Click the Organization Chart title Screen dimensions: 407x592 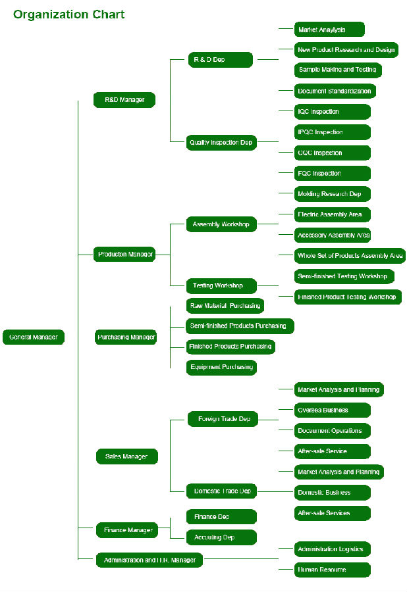point(68,14)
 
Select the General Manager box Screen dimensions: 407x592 point(34,337)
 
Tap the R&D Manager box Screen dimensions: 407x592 point(124,100)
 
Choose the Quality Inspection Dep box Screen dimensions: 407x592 point(221,143)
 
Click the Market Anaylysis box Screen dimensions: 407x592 point(329,30)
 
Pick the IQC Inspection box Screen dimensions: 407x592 point(333,112)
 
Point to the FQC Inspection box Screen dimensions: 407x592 point(333,174)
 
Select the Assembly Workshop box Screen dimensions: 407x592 point(221,224)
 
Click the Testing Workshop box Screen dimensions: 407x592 point(221,286)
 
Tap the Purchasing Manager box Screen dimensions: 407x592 point(126,337)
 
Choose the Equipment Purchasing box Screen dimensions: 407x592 point(221,367)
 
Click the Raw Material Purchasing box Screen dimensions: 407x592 point(225,306)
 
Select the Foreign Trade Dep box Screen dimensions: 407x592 point(223,419)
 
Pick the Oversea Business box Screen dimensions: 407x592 point(333,410)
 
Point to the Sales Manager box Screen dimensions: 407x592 point(126,456)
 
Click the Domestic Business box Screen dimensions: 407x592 point(333,493)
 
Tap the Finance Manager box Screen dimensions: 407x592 point(126,530)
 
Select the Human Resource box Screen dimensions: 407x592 point(333,570)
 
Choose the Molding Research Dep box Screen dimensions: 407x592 point(333,194)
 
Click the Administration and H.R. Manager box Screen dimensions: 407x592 point(149,560)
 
